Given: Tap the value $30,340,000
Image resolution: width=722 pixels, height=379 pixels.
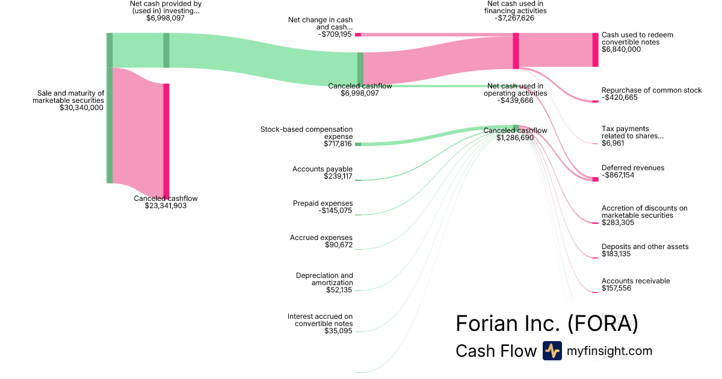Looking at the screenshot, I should [x=82, y=108].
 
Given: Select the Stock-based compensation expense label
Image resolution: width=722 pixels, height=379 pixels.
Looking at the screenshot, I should [x=307, y=133].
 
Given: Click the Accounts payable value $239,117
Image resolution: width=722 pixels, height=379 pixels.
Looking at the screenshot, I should [x=338, y=176].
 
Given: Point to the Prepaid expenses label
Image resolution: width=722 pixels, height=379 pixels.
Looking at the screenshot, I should [x=323, y=203].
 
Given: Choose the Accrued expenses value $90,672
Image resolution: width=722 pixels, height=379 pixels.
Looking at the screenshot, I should [x=338, y=245].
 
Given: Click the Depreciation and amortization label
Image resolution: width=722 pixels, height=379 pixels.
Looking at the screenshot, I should [x=324, y=279].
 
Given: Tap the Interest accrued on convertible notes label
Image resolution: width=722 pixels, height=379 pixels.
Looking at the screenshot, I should [x=320, y=320].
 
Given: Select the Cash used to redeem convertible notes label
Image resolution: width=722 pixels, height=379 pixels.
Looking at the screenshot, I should [x=637, y=39].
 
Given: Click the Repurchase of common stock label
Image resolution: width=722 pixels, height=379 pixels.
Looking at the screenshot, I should [x=652, y=90].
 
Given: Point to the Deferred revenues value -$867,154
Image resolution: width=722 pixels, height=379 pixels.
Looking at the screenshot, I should [x=626, y=176].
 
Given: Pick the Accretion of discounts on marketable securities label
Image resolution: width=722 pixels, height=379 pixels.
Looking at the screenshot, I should [x=644, y=212].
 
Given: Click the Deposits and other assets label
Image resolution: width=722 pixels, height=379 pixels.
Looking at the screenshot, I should [x=645, y=247].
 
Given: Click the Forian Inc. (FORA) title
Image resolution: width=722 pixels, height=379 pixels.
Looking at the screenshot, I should [x=546, y=324].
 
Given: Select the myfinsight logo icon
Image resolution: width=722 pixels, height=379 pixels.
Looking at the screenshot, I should [x=552, y=351].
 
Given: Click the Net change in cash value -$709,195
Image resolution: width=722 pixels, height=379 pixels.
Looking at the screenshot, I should [x=335, y=34].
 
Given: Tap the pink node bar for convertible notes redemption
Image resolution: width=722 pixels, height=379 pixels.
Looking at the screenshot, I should [x=595, y=49].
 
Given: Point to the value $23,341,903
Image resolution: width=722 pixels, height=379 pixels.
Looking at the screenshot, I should [x=165, y=206].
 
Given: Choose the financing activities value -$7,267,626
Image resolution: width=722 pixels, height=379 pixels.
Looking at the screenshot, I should [x=515, y=18].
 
